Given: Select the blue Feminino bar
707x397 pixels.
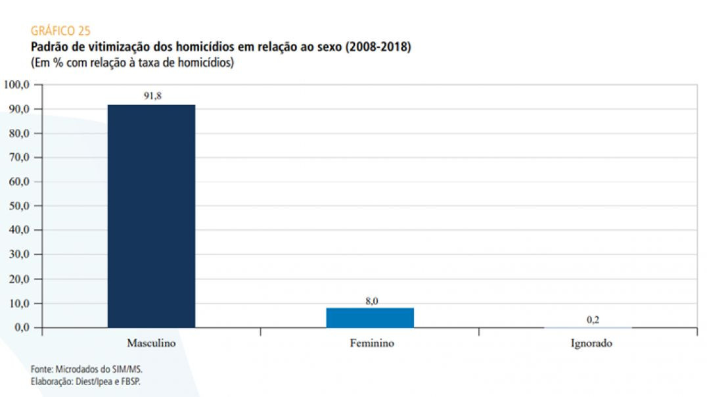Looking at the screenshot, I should [370, 317].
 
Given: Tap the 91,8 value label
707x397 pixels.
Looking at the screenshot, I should [152, 96].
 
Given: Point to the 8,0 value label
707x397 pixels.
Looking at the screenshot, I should [371, 301].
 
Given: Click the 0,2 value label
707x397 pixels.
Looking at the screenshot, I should [593, 319].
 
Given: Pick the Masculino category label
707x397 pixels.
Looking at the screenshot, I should [151, 343].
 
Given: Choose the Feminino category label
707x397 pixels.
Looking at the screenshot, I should [371, 343].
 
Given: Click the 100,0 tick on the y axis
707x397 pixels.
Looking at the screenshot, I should [18, 85].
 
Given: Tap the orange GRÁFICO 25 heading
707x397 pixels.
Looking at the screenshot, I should [60, 31].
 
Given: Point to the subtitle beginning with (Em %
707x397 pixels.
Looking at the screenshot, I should [132, 63].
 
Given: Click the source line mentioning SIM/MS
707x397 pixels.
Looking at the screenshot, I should [86, 369].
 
